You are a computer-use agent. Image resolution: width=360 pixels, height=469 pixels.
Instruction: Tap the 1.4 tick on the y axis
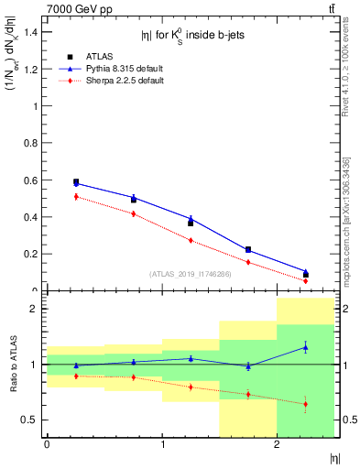pyautogui.click(x=33, y=31)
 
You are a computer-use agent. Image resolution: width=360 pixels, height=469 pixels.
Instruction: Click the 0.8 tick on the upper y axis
pyautogui.click(x=33, y=143)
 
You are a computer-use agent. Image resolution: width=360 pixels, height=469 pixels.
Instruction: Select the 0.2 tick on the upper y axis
pyautogui.click(x=33, y=254)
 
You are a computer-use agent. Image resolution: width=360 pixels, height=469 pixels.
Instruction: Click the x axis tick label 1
pyautogui.click(x=162, y=444)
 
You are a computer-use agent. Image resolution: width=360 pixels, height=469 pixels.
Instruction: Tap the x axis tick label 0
pyautogui.click(x=47, y=444)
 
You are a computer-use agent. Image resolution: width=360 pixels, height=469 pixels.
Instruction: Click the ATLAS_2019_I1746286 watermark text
pyautogui.click(x=190, y=273)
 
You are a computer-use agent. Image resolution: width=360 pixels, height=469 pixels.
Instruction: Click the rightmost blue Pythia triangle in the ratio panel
pyautogui.click(x=306, y=347)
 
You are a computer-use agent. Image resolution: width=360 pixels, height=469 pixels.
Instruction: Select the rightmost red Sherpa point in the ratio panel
pyautogui.click(x=306, y=404)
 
